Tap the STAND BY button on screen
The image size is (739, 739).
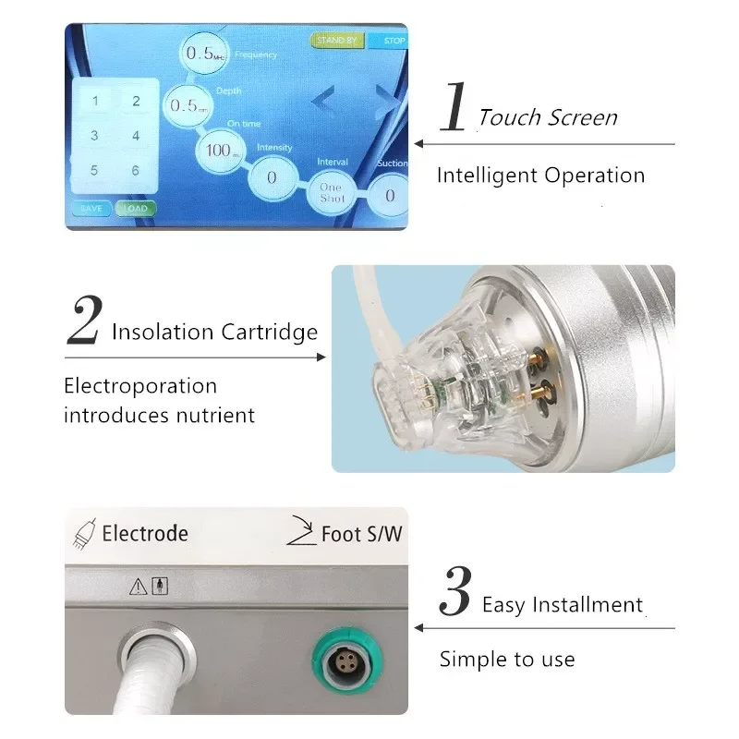click(x=337, y=41)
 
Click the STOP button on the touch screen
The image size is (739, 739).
click(x=389, y=41)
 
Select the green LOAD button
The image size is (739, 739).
click(x=136, y=209)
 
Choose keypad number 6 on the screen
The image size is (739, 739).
click(x=136, y=170)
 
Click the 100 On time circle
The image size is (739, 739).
click(x=219, y=150)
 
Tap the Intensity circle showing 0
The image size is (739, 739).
click(x=272, y=176)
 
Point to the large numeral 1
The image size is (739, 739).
click(x=454, y=109)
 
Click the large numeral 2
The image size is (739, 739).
click(x=84, y=322)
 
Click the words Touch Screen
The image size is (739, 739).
click(x=548, y=117)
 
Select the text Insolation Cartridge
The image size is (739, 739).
click(x=214, y=333)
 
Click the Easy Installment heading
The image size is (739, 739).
click(x=563, y=605)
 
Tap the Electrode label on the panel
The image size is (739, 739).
click(x=144, y=533)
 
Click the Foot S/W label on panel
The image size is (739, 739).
click(x=361, y=534)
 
